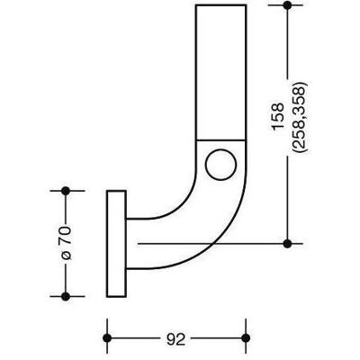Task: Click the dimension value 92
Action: tap(175, 339)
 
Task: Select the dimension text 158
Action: tap(278, 116)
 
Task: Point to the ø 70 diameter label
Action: tap(66, 243)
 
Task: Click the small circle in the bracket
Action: tap(220, 165)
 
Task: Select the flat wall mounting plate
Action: tap(116, 244)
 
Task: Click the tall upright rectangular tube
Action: tap(221, 73)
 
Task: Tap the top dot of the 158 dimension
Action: tap(287, 5)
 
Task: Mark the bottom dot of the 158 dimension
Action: tap(287, 244)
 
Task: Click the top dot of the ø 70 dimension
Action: tap(66, 191)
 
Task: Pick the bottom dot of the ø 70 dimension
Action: tap(66, 296)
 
